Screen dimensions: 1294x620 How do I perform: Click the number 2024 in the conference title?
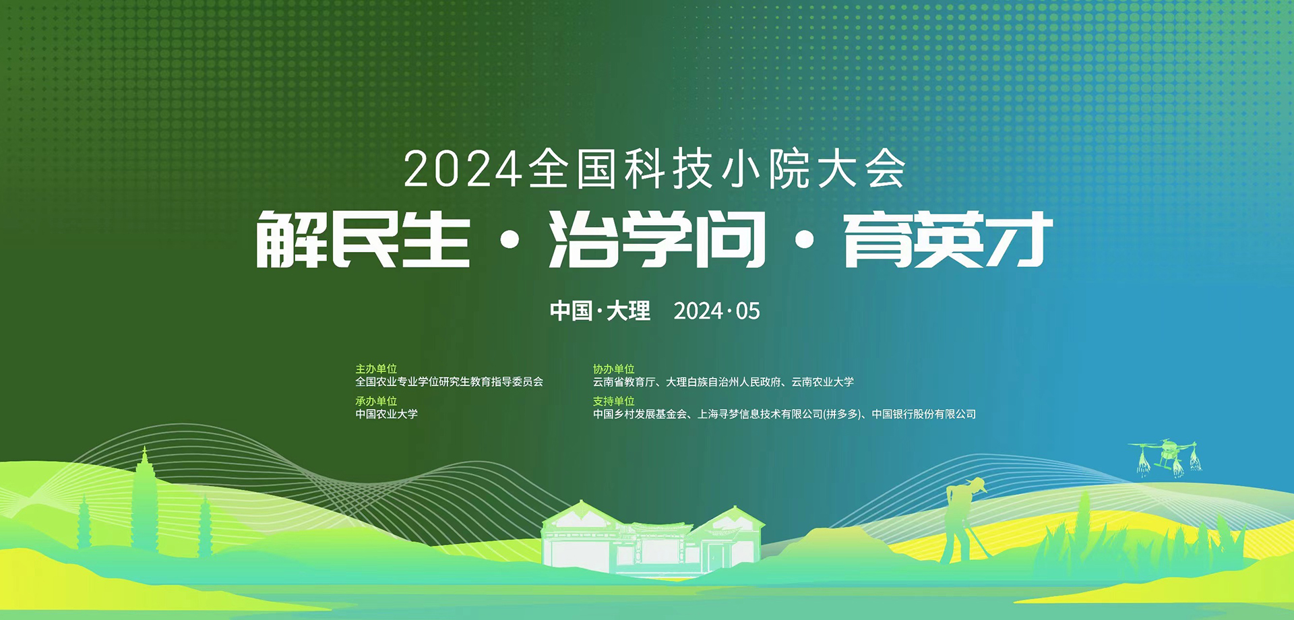[x=463, y=169]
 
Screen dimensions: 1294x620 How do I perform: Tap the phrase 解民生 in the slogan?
[x=363, y=239]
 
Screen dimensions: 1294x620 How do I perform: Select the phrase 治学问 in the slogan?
[x=657, y=239]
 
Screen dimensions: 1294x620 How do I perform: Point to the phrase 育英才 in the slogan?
[x=948, y=239]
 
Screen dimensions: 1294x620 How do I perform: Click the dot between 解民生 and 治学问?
[x=510, y=240]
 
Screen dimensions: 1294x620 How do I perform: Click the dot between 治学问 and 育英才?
[x=805, y=240]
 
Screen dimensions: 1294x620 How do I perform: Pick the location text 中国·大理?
[x=600, y=311]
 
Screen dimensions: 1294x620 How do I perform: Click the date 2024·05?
[x=716, y=311]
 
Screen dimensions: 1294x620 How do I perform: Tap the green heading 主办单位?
[x=376, y=369]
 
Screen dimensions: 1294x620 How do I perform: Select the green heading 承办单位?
[x=376, y=401]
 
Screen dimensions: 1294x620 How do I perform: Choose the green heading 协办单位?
[x=613, y=369]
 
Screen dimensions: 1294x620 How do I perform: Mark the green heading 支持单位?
[x=613, y=401]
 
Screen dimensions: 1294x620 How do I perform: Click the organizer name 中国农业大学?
[x=387, y=414]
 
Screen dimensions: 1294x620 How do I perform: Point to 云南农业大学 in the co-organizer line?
[x=822, y=382]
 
